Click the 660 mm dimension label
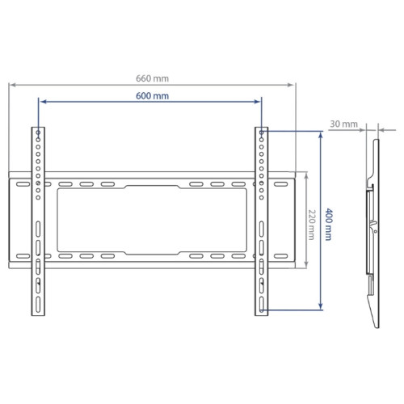(x=152, y=78)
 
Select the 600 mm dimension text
(x=152, y=96)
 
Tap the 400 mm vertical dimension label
(x=328, y=224)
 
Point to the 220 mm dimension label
(x=311, y=225)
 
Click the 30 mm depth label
(x=344, y=124)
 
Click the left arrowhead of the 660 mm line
(x=12, y=85)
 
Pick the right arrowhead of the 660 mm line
(x=292, y=85)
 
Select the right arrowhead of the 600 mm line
(x=257, y=102)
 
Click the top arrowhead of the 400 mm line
(x=321, y=134)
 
